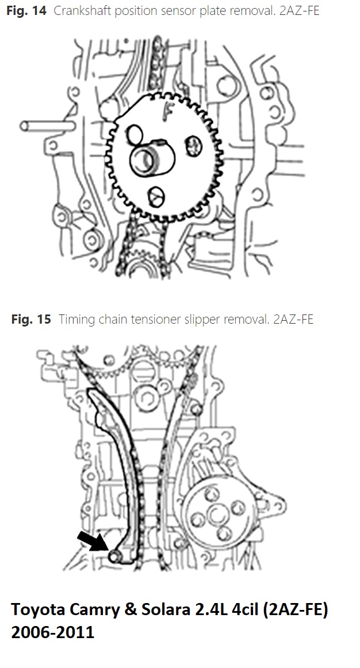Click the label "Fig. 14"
click(26, 10)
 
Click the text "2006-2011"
click(52, 632)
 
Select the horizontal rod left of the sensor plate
click(47, 126)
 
